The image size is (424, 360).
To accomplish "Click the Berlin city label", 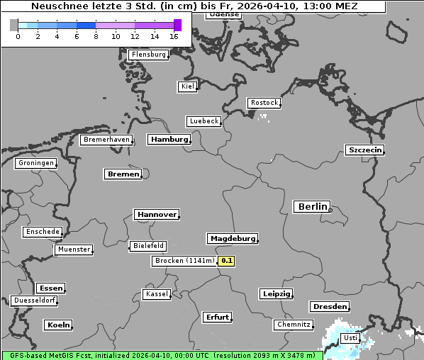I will point(312,207).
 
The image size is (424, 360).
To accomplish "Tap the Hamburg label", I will point(169,140).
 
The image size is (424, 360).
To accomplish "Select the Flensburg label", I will point(148,55).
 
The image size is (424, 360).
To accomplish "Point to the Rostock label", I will point(264,103).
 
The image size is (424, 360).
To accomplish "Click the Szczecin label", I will point(365,150).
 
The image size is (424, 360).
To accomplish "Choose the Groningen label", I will point(35,163).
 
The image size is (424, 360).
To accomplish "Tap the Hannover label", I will point(156,214).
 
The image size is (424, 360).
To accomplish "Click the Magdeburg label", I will point(232,238).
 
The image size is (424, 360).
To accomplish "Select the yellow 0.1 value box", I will point(226,261).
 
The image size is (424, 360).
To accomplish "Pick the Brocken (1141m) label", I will point(184,261).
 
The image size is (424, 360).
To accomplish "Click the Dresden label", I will point(329,306).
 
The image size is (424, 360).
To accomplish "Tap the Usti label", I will point(350,339).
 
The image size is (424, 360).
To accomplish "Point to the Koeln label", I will point(58,325).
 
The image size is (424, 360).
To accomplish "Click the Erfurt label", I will point(217,317).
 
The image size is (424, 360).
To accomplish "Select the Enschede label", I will point(43,232).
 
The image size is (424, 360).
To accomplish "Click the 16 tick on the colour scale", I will point(174,36).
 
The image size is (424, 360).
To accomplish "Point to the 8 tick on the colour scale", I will point(96,36).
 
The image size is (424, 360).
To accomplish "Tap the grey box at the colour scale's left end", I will point(14,26).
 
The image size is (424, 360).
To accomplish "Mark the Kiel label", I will point(187,86).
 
